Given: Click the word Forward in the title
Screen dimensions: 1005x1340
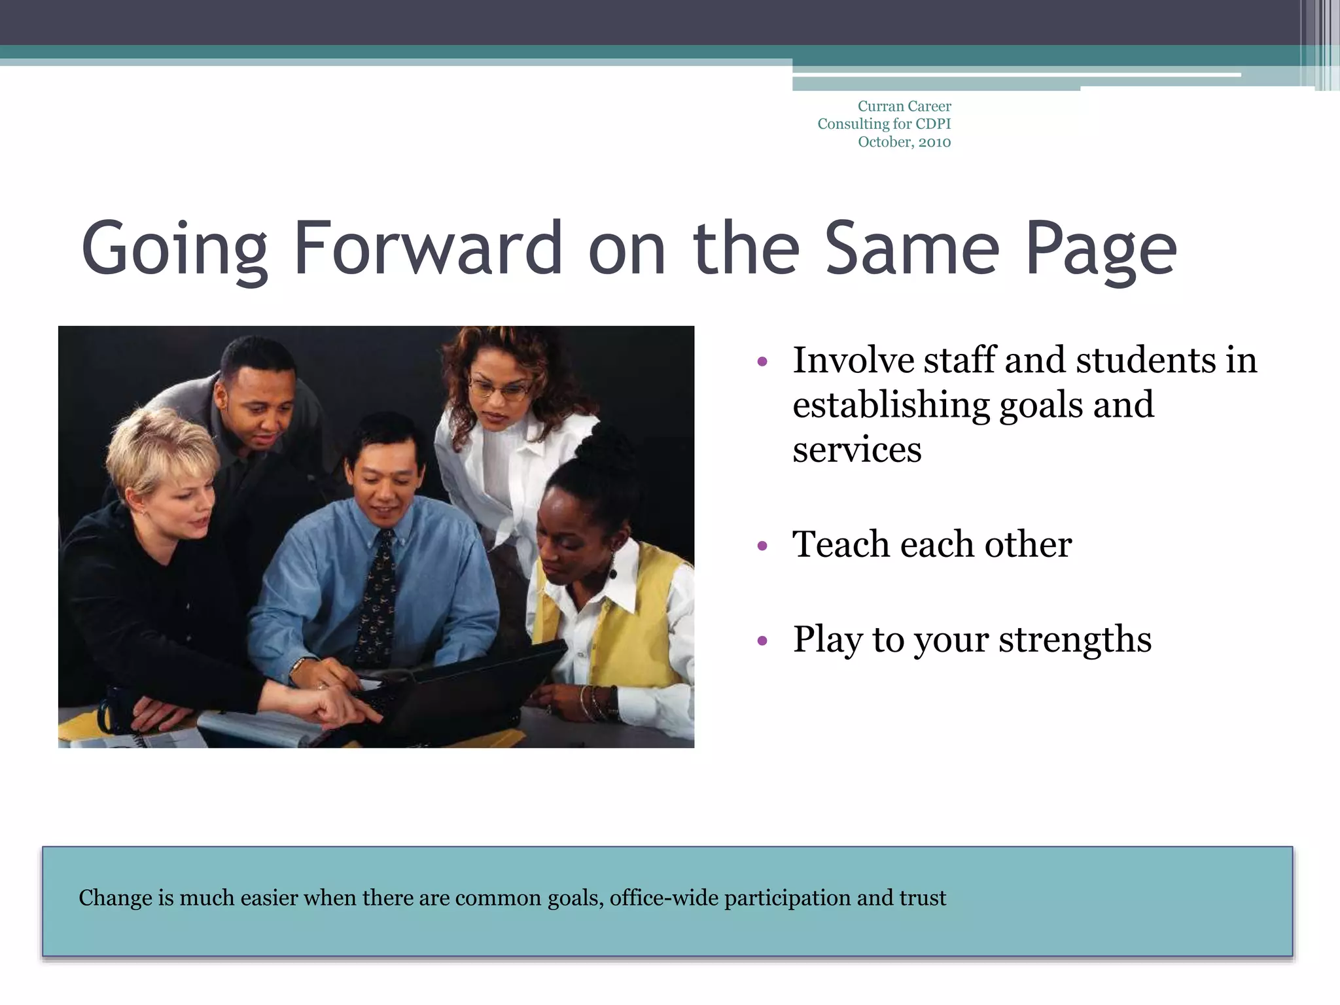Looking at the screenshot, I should pos(428,249).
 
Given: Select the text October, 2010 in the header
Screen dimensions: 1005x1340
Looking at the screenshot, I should pos(904,142).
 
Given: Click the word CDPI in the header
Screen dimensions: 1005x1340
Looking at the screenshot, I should pos(933,124).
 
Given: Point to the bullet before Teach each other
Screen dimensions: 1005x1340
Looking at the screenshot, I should pos(762,546).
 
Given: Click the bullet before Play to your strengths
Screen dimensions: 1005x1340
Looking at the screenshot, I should pos(762,641).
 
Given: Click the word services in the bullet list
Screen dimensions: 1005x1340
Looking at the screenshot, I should pos(856,450).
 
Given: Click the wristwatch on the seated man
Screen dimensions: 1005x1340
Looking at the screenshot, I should pos(298,665).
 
